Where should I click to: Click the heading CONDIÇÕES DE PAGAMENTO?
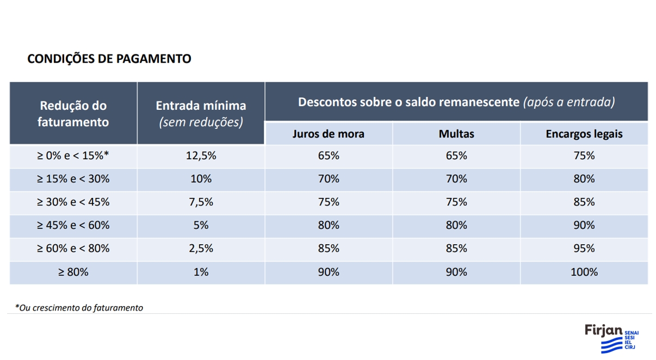coord(109,59)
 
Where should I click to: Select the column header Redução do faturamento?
coord(73,114)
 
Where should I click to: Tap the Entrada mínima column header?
coord(201,114)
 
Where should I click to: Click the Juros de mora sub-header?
coord(329,134)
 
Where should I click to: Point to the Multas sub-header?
coord(456,134)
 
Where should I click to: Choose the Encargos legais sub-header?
coord(584,134)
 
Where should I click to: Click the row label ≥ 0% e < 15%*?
coord(73,156)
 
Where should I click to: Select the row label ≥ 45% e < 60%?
coord(73,225)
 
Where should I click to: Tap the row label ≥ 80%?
coord(73,272)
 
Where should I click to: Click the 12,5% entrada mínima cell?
coord(201,156)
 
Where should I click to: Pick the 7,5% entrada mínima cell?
coord(201,202)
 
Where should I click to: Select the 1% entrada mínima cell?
coord(201,272)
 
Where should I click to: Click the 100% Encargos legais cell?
coord(584,272)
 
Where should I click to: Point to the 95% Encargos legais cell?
coord(584,249)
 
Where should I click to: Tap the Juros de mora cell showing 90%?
coord(329,272)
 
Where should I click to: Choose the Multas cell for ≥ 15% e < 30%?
coord(456,179)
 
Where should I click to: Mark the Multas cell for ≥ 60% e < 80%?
coord(456,249)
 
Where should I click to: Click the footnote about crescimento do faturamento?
coord(79,308)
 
